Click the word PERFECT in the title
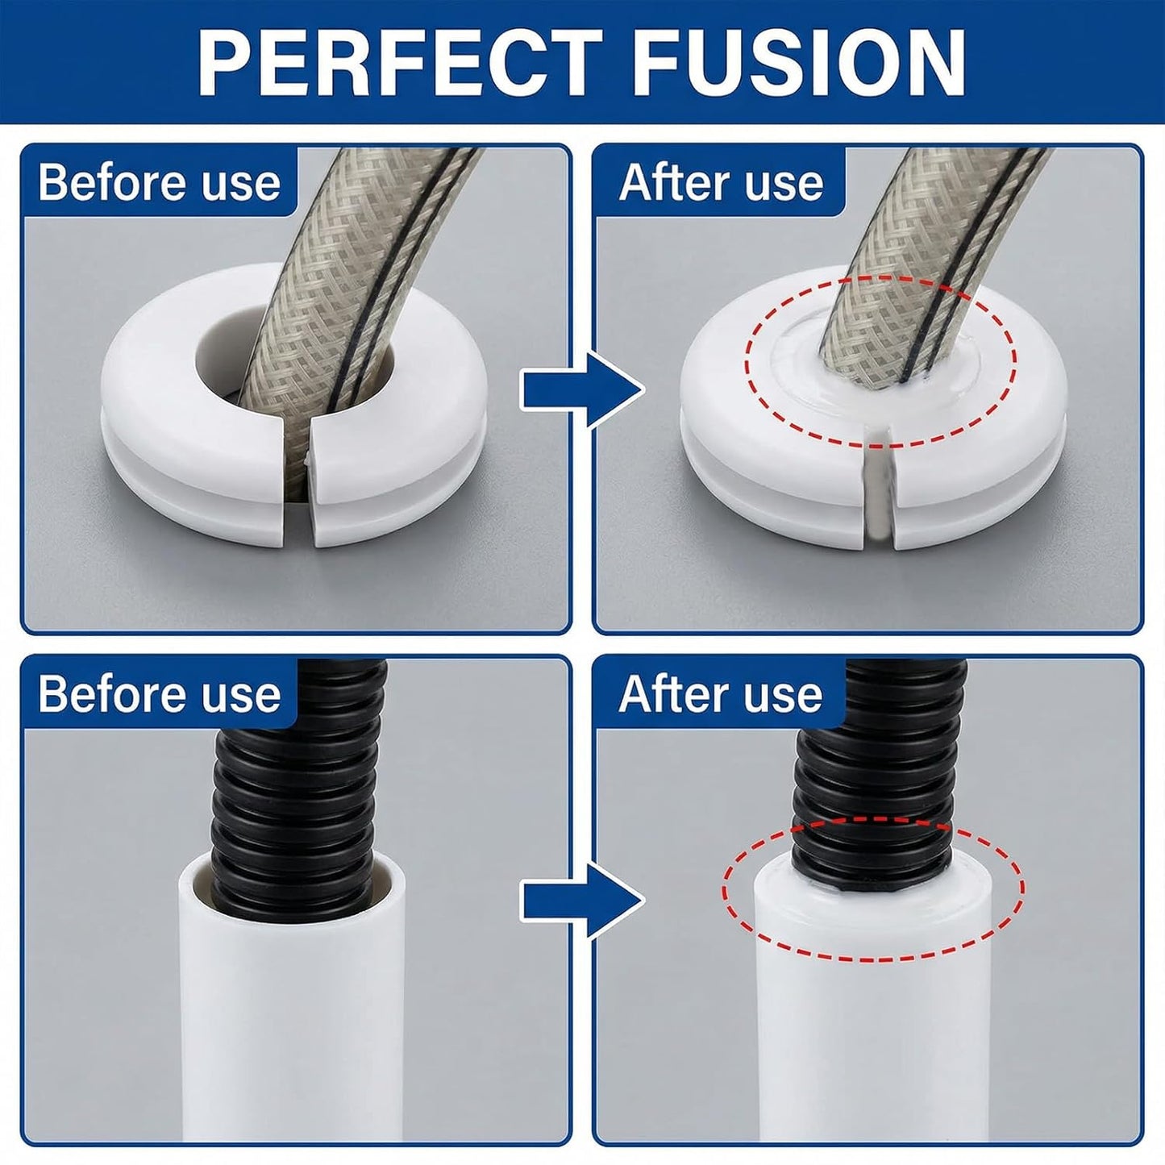pos(400,61)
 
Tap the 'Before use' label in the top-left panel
pos(160,182)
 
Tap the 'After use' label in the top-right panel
pos(722,182)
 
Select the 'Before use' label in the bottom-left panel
pos(160,694)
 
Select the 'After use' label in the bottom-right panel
pos(721,694)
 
